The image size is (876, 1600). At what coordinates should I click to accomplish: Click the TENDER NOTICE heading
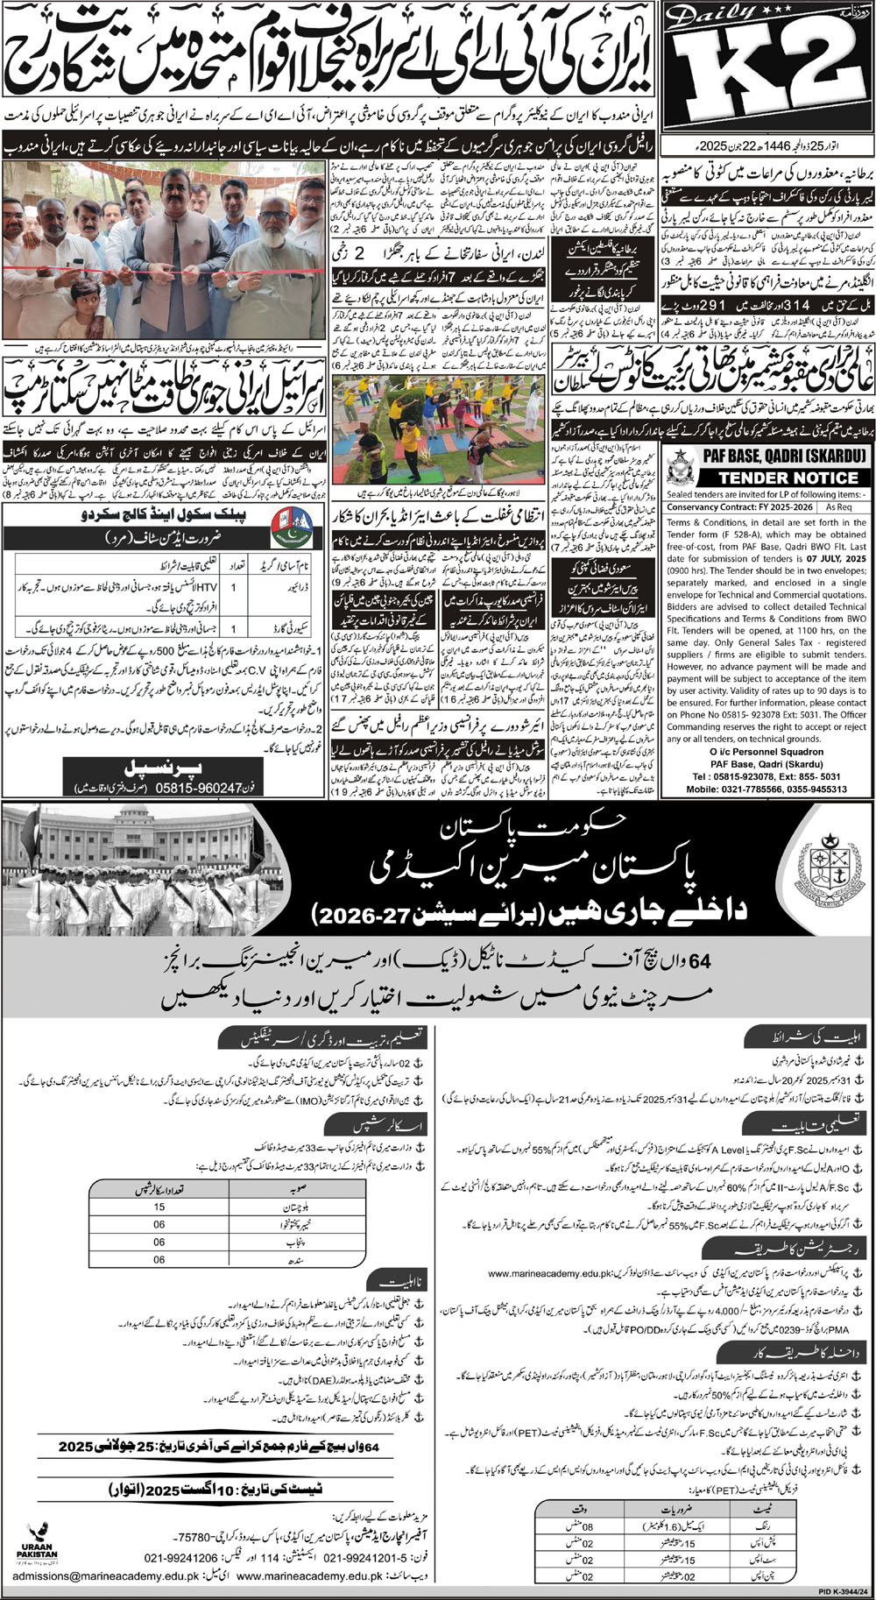click(767, 478)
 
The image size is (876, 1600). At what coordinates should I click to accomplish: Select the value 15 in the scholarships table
click(159, 1207)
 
